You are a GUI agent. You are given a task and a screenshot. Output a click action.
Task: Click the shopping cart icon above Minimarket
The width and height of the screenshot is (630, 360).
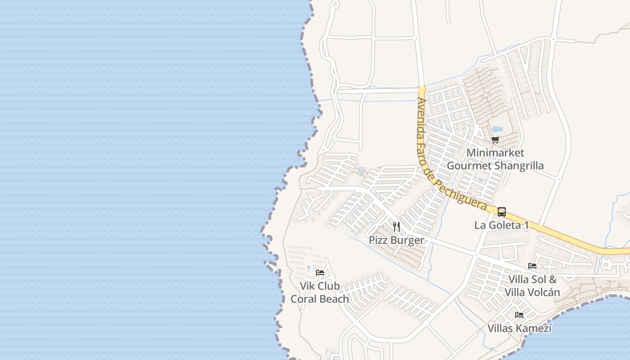(495, 139)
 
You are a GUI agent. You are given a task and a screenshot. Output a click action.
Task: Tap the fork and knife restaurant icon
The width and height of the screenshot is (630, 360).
(396, 226)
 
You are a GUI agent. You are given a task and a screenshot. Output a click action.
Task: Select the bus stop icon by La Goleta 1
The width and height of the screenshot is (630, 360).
(502, 211)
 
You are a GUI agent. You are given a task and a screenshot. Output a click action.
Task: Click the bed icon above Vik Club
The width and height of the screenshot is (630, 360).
(320, 273)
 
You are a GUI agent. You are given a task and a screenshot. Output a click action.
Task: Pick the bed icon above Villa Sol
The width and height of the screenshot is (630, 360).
(532, 266)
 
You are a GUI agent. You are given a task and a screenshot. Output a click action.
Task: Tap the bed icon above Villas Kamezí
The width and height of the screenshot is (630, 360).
(519, 315)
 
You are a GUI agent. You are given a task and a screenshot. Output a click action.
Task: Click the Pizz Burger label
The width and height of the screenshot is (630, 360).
(396, 240)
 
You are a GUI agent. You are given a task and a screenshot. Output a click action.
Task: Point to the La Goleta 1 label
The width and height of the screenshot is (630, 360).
(501, 225)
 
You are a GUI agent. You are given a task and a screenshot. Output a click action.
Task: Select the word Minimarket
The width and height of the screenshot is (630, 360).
(495, 153)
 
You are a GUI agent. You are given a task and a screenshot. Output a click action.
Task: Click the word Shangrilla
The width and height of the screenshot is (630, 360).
(519, 166)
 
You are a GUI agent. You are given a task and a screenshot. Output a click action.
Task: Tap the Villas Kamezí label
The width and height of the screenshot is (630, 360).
(519, 328)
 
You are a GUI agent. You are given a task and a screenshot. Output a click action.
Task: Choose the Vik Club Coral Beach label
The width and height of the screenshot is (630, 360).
(319, 292)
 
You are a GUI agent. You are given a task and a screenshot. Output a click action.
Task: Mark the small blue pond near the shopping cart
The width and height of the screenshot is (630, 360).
(497, 130)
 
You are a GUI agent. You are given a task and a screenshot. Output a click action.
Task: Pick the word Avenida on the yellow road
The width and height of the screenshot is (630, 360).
(421, 115)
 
